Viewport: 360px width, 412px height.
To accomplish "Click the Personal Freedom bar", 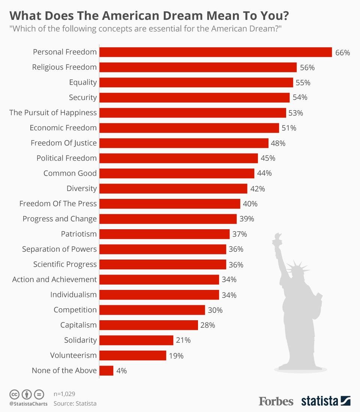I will pyautogui.click(x=216, y=52).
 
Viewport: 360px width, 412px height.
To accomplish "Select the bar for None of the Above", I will pyautogui.click(x=106, y=370).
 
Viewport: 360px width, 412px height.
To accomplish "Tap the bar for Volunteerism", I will pyautogui.click(x=133, y=355).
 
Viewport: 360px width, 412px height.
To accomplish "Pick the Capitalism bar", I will pyautogui.click(x=148, y=325).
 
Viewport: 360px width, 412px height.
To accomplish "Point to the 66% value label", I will pyautogui.click(x=342, y=53).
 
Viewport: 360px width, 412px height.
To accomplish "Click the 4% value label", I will pyautogui.click(x=121, y=371).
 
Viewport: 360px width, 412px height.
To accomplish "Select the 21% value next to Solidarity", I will pyautogui.click(x=183, y=340).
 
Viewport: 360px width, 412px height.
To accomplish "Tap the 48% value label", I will pyautogui.click(x=278, y=143).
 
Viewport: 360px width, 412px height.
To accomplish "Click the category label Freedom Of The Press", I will pyautogui.click(x=58, y=204).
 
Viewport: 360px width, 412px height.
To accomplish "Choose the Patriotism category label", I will pyautogui.click(x=79, y=234).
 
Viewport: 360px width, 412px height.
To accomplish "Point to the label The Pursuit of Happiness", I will pyautogui.click(x=53, y=113).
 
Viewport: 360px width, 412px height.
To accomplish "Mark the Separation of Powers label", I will pyautogui.click(x=59, y=249).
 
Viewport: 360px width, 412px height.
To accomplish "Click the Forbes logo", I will pyautogui.click(x=276, y=401).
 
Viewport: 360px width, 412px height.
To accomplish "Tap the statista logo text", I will pyautogui.click(x=319, y=401).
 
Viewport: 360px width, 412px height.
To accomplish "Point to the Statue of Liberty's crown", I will pyautogui.click(x=296, y=267).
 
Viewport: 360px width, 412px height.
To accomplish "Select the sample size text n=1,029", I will pyautogui.click(x=64, y=394).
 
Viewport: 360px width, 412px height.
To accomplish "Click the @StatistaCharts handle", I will pyautogui.click(x=28, y=404).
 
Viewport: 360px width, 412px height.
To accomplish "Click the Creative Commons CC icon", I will pyautogui.click(x=14, y=394).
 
